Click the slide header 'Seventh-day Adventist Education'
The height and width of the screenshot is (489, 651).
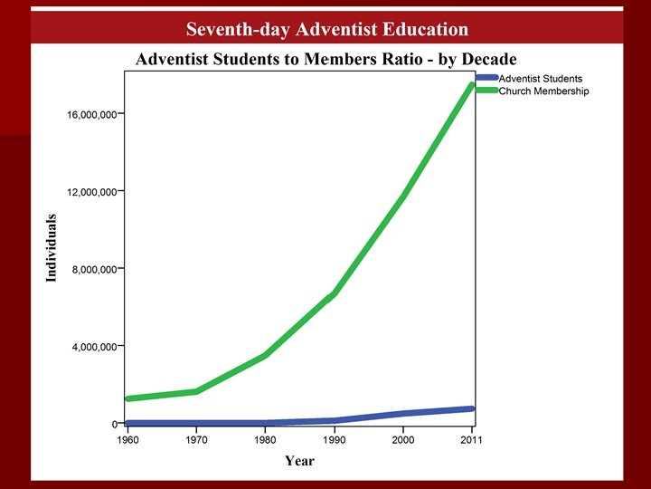[x=327, y=29]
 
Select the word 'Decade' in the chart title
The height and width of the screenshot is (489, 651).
[x=489, y=59]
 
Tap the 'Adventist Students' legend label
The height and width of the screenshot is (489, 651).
[x=541, y=79]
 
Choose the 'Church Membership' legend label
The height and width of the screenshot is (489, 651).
[x=544, y=91]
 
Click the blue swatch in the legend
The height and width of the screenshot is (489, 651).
[x=486, y=77]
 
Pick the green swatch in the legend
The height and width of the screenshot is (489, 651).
[x=486, y=90]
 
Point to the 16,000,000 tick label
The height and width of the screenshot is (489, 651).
[x=91, y=115]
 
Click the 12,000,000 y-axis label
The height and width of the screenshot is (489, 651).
[x=91, y=192]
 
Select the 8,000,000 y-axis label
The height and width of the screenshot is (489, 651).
[x=94, y=270]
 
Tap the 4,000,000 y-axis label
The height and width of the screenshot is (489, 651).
[x=94, y=347]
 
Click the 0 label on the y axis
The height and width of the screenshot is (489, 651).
[x=115, y=424]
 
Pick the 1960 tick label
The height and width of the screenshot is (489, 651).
[x=127, y=440]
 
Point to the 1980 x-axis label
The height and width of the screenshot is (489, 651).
[x=265, y=440]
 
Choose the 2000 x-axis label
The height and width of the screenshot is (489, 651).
[x=402, y=440]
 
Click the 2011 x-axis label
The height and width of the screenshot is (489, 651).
[x=471, y=440]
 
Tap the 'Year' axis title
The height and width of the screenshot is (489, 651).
[x=300, y=461]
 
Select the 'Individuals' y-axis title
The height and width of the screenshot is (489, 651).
[x=51, y=248]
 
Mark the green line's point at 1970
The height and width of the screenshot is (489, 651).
[x=196, y=391]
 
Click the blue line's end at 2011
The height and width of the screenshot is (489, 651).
[x=471, y=408]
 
